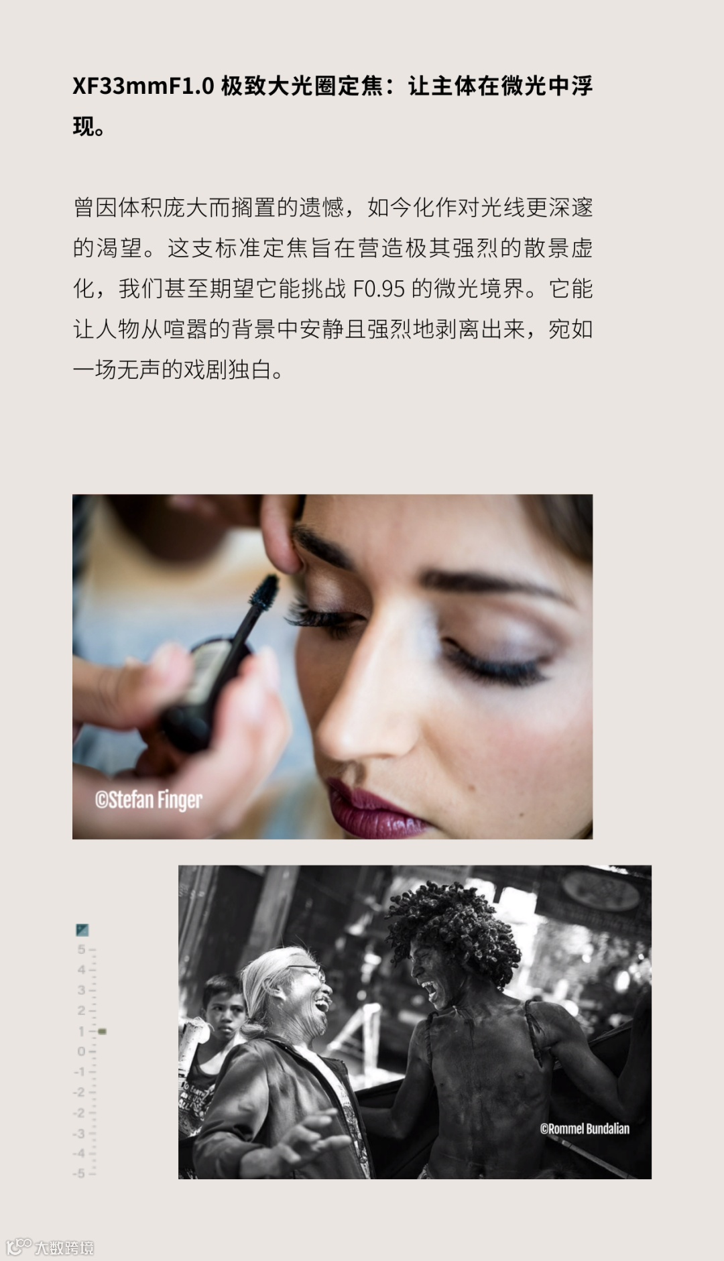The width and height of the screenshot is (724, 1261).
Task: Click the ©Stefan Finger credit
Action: click(149, 800)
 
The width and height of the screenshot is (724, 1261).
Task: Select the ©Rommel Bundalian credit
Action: click(585, 1128)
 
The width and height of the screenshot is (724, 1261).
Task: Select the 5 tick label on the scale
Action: click(81, 949)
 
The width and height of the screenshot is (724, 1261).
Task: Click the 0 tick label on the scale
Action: click(81, 1051)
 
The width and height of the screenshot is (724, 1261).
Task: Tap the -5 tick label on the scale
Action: click(80, 1173)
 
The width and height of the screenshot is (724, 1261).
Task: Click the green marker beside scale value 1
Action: click(102, 1031)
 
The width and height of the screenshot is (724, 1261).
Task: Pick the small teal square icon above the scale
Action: click(82, 930)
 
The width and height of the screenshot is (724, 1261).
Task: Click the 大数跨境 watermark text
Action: click(64, 1248)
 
